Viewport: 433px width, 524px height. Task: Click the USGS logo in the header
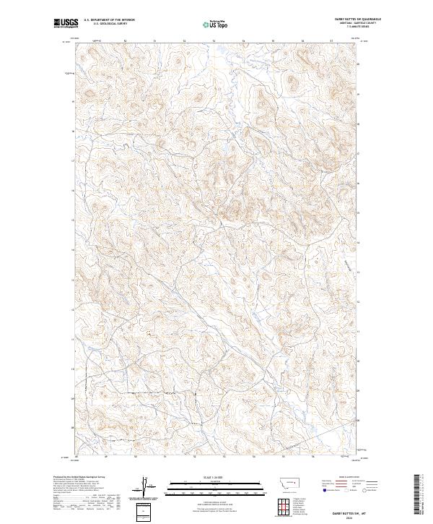pos(66,24)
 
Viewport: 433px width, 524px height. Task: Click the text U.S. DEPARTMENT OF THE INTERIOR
pos(109,20)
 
